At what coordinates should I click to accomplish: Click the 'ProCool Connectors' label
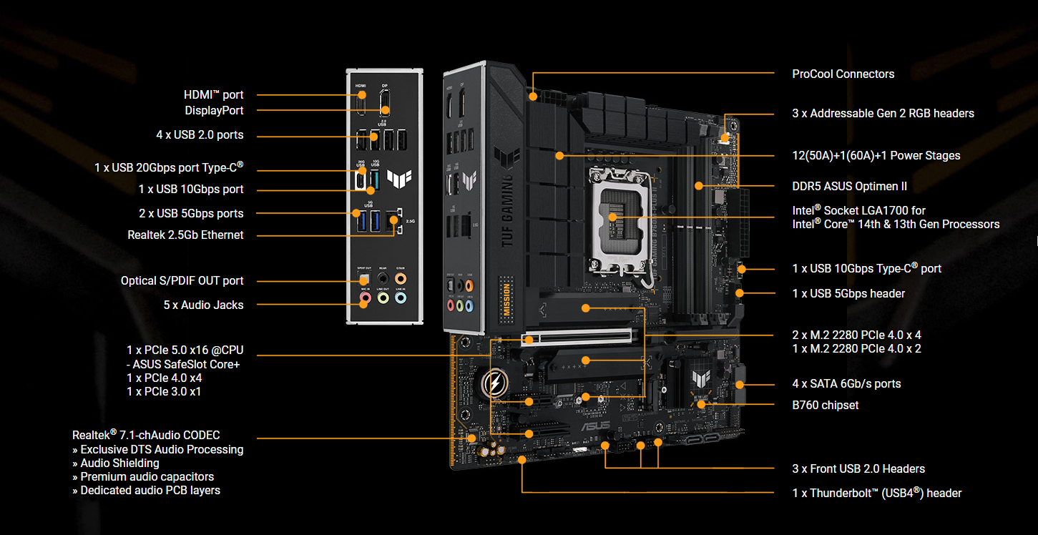point(843,74)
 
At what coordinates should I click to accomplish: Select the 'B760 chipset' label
point(825,405)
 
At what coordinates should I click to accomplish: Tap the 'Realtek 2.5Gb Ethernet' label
point(185,235)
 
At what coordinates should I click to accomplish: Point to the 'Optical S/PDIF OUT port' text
point(182,280)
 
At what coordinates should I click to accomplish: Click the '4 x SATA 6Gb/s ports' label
point(846,383)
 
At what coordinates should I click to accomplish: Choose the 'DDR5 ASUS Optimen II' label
point(849,186)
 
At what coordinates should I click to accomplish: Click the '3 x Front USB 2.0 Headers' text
point(858,468)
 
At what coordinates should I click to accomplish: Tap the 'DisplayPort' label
point(214,110)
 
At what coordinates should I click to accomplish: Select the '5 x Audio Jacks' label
point(203,305)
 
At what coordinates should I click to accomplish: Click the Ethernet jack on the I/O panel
point(392,222)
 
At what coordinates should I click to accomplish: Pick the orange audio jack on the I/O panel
point(401,278)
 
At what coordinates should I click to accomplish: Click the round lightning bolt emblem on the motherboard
point(493,384)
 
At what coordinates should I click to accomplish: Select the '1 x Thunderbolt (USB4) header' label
point(876,493)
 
